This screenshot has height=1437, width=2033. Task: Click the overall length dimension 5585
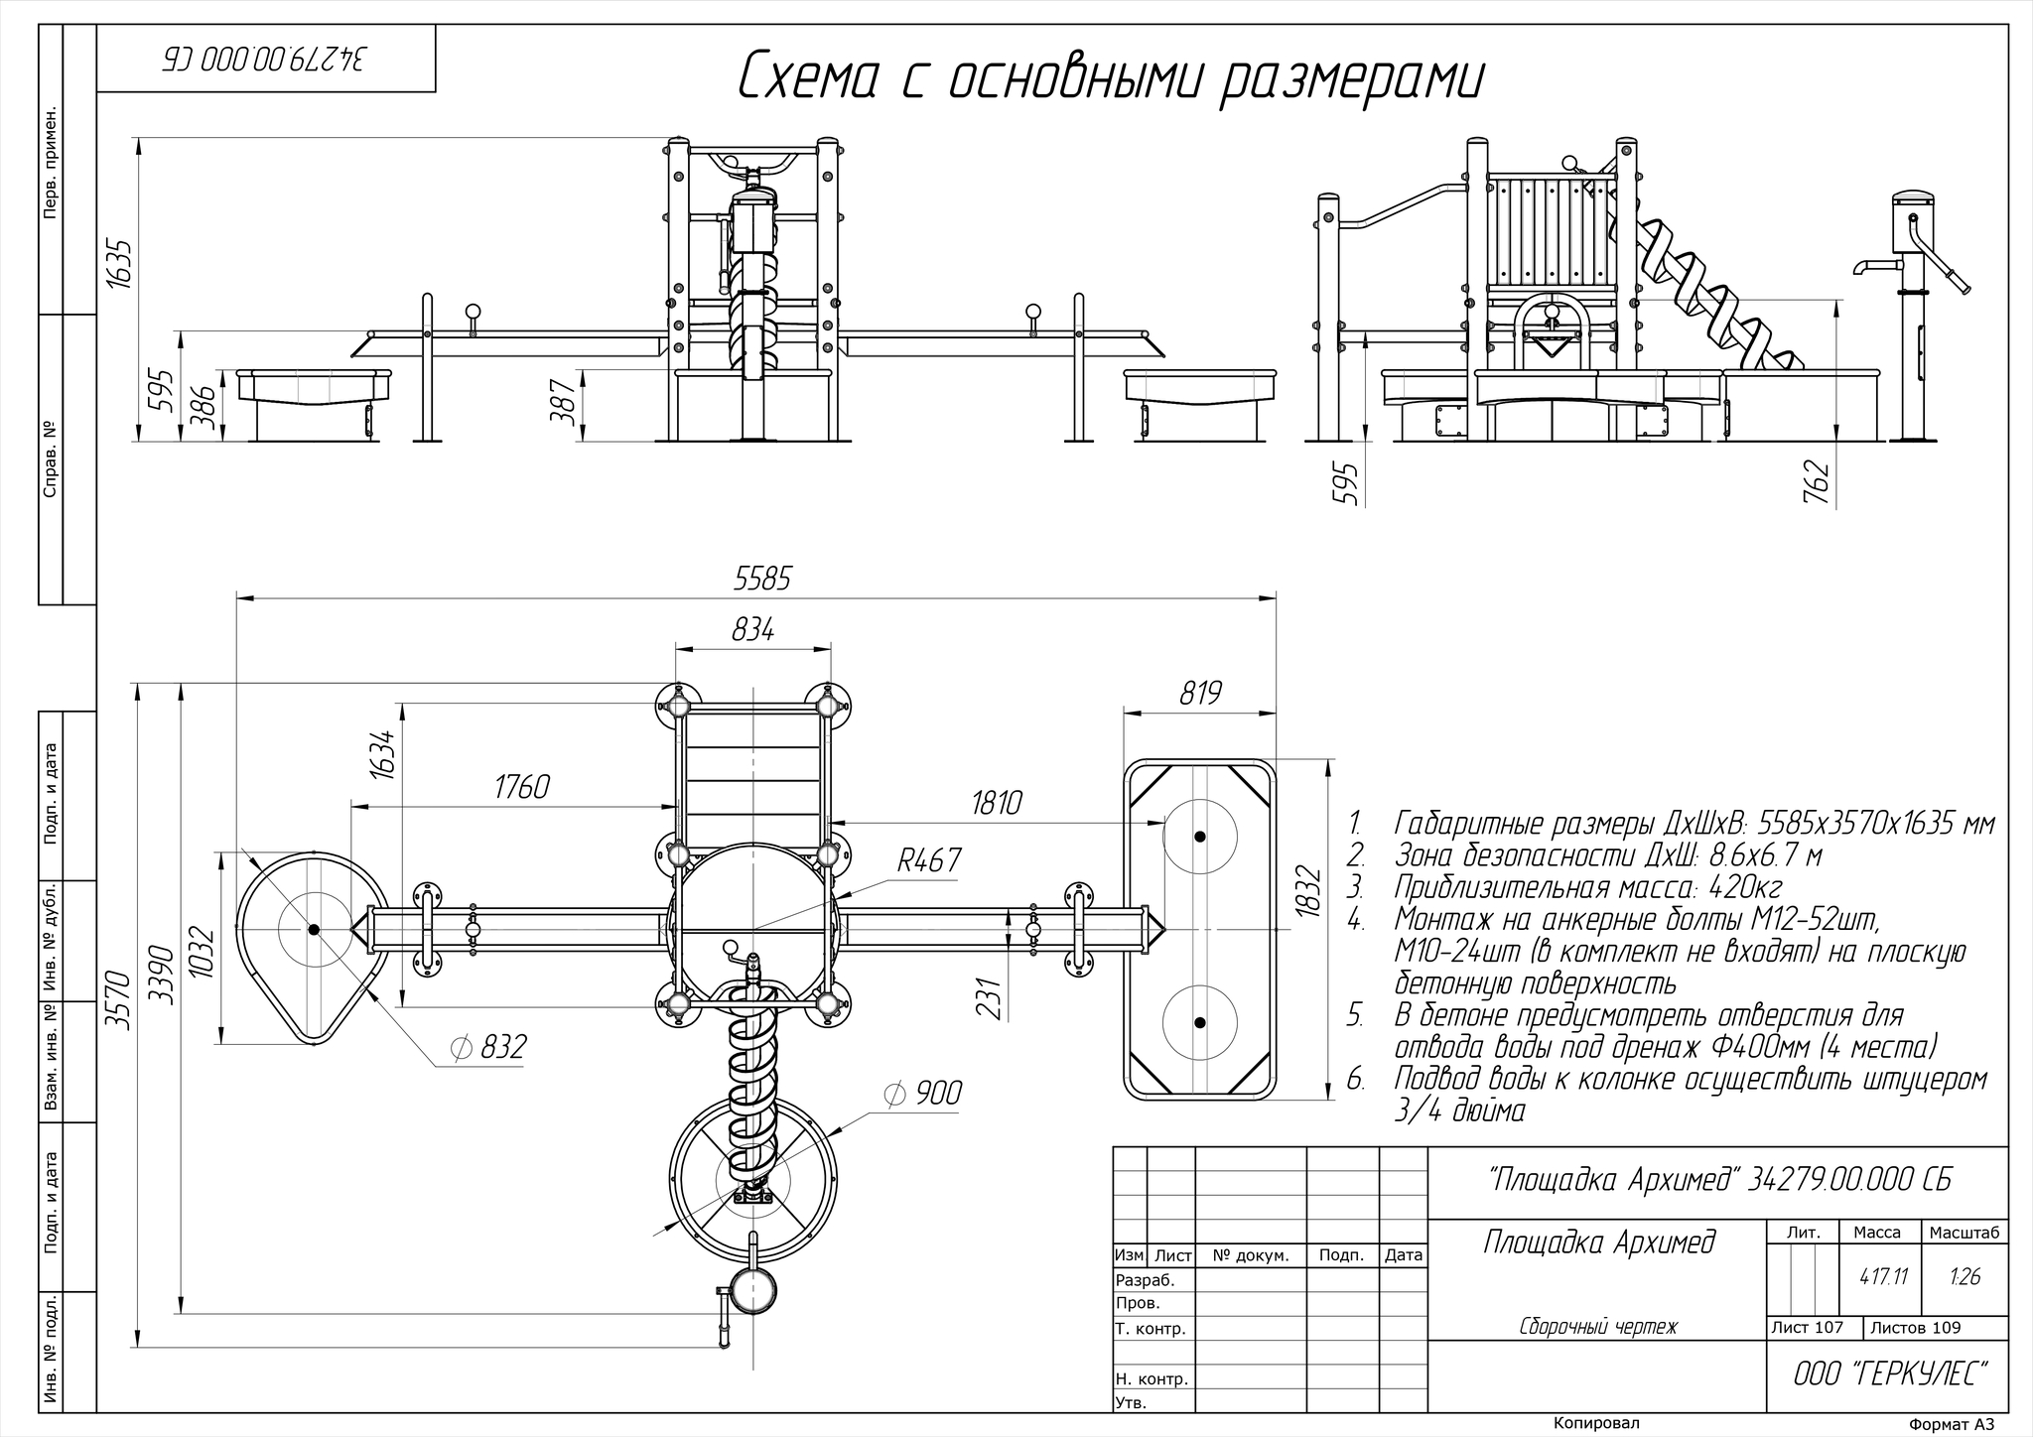click(x=761, y=579)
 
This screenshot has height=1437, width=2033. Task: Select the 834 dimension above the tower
click(x=752, y=629)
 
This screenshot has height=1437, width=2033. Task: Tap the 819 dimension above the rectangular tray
click(x=1199, y=693)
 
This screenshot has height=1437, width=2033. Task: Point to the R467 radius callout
click(x=929, y=860)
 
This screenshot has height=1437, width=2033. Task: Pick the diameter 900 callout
click(x=922, y=1094)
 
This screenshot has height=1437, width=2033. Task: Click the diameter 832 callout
click(x=487, y=1047)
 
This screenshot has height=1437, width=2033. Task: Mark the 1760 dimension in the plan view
click(x=521, y=787)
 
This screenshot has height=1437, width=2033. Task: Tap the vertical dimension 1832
click(x=1308, y=892)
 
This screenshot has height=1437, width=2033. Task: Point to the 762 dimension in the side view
click(x=1815, y=480)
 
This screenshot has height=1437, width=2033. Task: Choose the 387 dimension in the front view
click(x=563, y=401)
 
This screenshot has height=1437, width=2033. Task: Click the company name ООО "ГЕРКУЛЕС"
click(x=1891, y=1374)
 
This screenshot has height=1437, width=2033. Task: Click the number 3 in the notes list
click(x=1355, y=886)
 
